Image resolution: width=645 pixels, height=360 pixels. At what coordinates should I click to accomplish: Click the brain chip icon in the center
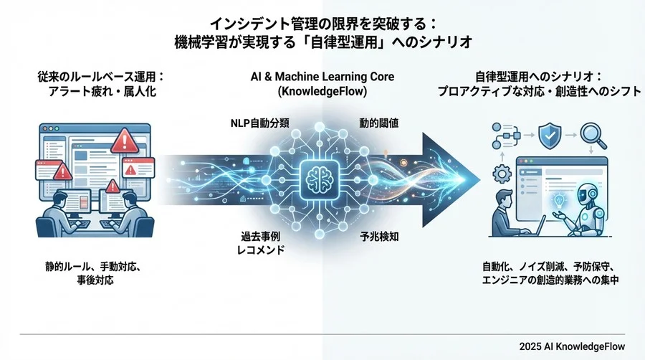(x=320, y=179)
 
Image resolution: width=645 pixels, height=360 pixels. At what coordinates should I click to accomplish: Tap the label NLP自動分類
(x=259, y=123)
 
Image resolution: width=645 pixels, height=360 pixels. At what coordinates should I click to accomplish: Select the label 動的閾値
(x=378, y=123)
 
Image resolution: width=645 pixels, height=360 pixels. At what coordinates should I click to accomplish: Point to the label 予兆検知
(x=379, y=237)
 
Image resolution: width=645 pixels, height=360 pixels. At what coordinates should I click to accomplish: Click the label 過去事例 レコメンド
(x=261, y=242)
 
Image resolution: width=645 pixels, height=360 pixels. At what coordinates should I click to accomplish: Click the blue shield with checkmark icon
(x=550, y=135)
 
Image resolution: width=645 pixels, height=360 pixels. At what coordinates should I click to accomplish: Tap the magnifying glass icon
(x=593, y=136)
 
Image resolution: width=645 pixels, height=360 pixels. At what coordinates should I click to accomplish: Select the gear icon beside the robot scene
(x=502, y=174)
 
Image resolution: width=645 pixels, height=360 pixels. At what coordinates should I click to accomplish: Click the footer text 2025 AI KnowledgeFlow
(x=572, y=346)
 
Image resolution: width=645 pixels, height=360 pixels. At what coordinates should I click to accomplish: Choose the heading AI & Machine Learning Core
(x=322, y=77)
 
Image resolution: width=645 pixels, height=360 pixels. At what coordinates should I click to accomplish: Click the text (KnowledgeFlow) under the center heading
(x=322, y=91)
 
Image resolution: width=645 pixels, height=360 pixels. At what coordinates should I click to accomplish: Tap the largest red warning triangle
(x=125, y=141)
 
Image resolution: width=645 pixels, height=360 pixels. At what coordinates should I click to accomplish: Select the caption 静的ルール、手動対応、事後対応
(x=94, y=274)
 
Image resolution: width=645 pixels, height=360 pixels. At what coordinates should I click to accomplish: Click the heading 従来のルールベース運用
(x=98, y=77)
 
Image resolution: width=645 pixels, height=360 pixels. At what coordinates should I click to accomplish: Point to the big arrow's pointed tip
(x=479, y=180)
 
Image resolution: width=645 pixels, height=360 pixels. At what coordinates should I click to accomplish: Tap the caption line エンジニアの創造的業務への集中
(x=550, y=280)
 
